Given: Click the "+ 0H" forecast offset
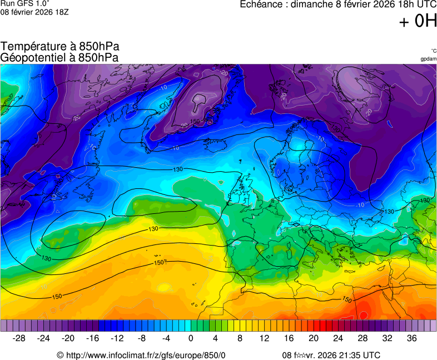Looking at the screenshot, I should pyautogui.click(x=418, y=21).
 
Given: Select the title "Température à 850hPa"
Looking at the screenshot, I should pyautogui.click(x=60, y=47).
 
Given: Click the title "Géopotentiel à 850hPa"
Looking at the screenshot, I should pyautogui.click(x=59, y=57).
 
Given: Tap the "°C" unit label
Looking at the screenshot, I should pyautogui.click(x=433, y=51).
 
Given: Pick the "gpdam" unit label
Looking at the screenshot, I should pyautogui.click(x=428, y=58).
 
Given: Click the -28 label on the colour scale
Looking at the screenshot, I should pyautogui.click(x=19, y=338).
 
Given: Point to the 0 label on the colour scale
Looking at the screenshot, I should pyautogui.click(x=191, y=338).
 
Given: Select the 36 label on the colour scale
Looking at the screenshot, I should pyautogui.click(x=411, y=338).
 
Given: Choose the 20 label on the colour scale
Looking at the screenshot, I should pyautogui.click(x=314, y=338).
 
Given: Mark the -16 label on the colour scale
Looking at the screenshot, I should pyautogui.click(x=92, y=338).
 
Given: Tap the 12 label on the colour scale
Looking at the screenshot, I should pyautogui.click(x=265, y=338).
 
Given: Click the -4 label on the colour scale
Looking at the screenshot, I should pyautogui.click(x=166, y=338).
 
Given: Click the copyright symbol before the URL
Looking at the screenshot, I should pyautogui.click(x=61, y=356).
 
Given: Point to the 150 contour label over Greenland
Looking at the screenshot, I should pyautogui.click(x=195, y=121).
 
